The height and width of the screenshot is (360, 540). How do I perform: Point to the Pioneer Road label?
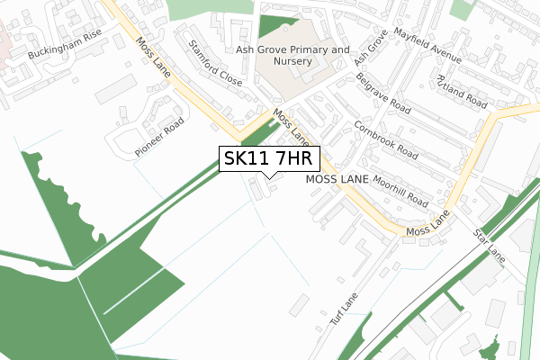pyautogui.click(x=161, y=137)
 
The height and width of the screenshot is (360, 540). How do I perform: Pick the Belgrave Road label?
pyautogui.click(x=382, y=96)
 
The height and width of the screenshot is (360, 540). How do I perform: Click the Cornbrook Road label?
pyautogui.click(x=386, y=141)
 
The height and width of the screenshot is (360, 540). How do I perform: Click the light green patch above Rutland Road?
pyautogui.click(x=462, y=9)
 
